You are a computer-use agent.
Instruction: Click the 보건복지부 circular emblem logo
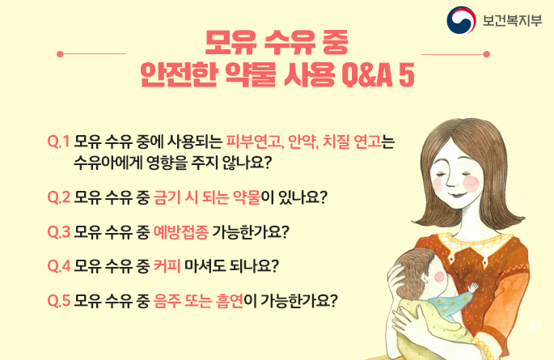pos(461,20)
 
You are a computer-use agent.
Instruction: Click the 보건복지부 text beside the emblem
pos(512,20)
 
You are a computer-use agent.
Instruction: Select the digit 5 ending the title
pos(407,75)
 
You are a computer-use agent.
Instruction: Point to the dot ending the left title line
pos(60,54)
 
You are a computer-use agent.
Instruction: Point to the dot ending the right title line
pos(487,54)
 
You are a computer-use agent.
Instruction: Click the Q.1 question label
pos(59,142)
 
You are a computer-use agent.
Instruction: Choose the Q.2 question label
pos(59,197)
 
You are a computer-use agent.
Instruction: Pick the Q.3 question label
pos(59,231)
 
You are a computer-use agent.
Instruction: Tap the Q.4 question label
pos(59,266)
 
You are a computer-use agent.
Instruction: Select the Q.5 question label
pos(59,301)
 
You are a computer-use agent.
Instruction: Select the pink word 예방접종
pos(181,231)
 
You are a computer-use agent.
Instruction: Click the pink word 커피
pos(167,266)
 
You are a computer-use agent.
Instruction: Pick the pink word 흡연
pos(230,301)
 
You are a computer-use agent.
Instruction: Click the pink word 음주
pos(167,301)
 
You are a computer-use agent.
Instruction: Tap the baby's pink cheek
pos(439,277)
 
